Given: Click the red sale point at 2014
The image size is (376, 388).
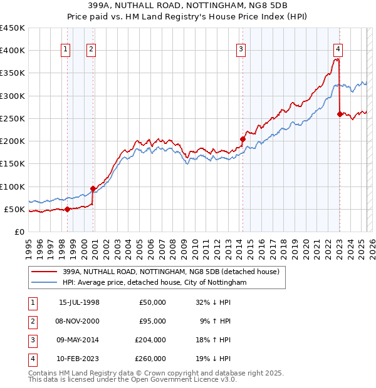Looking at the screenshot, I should tap(242, 139).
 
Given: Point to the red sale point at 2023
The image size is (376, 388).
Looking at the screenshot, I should tap(340, 114).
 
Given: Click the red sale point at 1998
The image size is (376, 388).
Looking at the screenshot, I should tap(67, 209).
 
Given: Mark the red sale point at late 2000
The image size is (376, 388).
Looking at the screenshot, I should tap(93, 188).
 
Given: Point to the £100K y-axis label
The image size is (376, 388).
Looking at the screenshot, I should tap(13, 186).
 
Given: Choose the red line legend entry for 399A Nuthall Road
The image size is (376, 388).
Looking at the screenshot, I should tap(174, 272).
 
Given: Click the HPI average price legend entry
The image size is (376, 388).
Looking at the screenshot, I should tap(154, 283).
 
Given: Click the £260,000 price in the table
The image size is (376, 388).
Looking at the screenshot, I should tap(150, 359).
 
